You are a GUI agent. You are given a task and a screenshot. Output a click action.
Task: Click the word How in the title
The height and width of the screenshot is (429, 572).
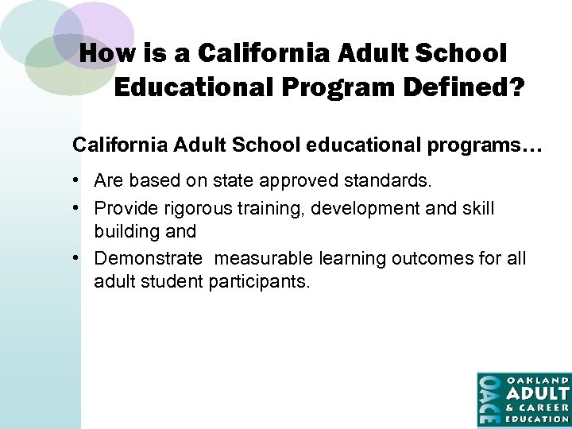coord(103,53)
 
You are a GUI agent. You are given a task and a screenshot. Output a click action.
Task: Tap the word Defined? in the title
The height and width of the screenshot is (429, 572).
coord(469,87)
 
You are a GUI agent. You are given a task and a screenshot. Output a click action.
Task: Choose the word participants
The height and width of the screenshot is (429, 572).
coord(259,281)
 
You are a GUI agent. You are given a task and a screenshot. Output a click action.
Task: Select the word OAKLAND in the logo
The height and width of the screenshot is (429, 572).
coord(538,380)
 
